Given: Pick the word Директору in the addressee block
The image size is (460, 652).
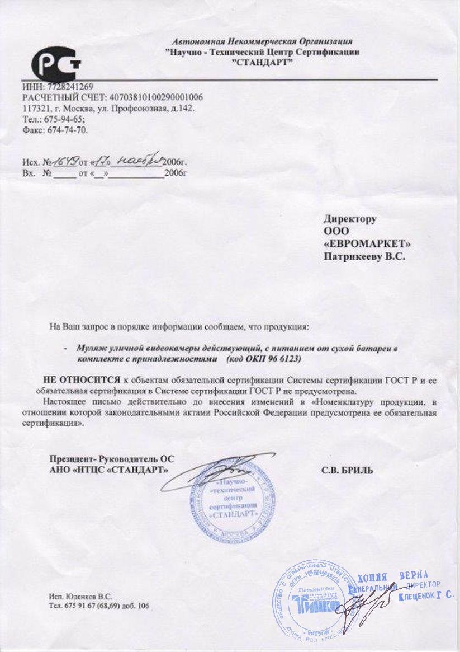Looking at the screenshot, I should pyautogui.click(x=350, y=219).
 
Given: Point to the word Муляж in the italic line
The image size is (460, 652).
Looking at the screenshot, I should pyautogui.click(x=89, y=348).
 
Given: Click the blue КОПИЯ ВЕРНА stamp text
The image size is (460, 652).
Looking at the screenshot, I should pyautogui.click(x=392, y=577).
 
